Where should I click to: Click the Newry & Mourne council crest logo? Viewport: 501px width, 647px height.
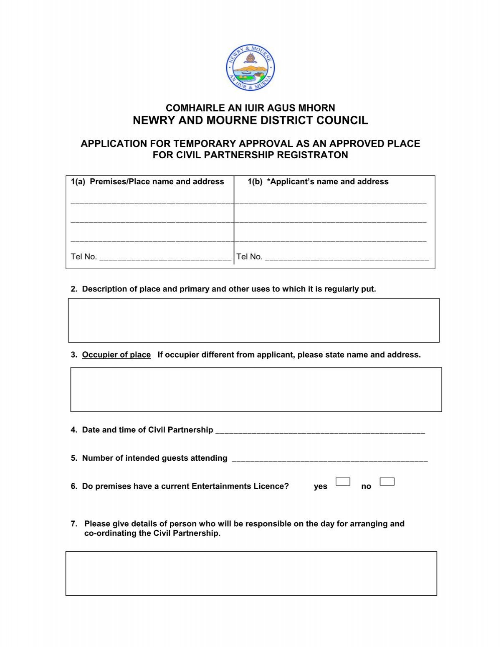(x=250, y=68)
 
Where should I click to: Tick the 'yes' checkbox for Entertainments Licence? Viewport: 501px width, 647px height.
(x=343, y=482)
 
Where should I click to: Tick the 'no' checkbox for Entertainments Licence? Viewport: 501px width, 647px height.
(x=387, y=482)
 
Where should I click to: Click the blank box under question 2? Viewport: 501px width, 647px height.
(x=253, y=320)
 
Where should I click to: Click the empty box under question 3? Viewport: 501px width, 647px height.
(x=256, y=389)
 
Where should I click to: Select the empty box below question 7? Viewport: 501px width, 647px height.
(x=251, y=573)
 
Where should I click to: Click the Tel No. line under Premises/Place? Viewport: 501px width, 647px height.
(x=165, y=258)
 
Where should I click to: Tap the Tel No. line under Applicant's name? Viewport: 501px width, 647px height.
(x=347, y=258)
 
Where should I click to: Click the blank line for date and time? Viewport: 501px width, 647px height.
(x=320, y=431)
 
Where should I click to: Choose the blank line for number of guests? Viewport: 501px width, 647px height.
(x=329, y=459)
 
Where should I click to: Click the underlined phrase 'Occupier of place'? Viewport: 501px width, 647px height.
(x=116, y=355)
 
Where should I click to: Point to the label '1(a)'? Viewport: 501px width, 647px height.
(x=78, y=182)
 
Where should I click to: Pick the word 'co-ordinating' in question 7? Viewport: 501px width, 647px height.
(x=107, y=533)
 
